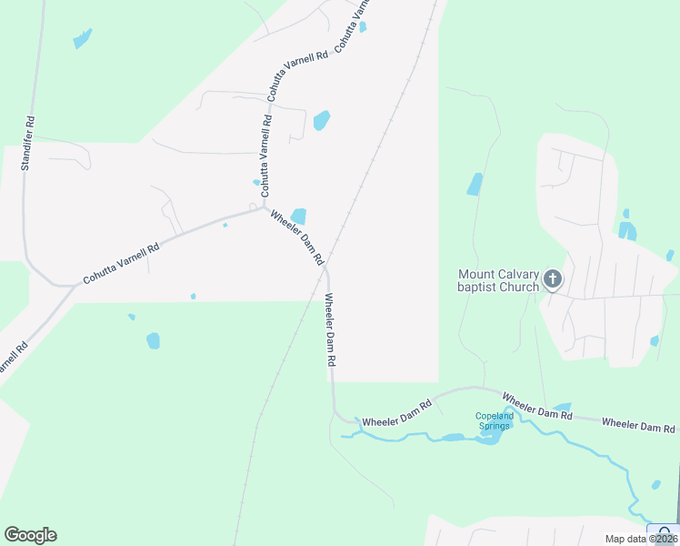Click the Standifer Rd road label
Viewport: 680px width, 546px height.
29,143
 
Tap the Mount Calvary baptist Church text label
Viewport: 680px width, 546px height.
498,279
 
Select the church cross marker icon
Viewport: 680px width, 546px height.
553,279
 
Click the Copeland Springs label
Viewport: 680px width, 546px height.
495,421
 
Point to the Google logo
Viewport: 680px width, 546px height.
30,535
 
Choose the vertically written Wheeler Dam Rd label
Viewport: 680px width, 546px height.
332,329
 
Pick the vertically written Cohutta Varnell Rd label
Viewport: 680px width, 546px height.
266,156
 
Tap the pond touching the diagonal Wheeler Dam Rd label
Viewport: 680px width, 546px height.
298,217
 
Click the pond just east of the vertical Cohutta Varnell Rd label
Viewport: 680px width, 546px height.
321,120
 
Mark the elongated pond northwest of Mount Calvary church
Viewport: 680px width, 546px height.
475,184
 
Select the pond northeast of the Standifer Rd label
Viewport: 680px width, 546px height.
83,38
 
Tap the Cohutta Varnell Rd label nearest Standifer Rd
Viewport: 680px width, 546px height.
121,263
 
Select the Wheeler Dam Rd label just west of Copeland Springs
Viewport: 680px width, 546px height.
396,414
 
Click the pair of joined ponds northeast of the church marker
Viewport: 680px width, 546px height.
627,229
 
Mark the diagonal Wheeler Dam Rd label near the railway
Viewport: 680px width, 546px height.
296,237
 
